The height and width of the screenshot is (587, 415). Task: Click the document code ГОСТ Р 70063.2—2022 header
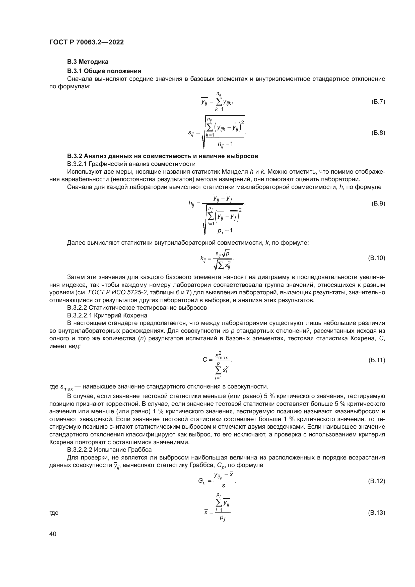coord(86,42)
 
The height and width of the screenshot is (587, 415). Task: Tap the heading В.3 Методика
coord(88,62)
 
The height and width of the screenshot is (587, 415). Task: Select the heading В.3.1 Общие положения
coord(104,71)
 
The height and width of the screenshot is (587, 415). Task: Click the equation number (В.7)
coord(378,102)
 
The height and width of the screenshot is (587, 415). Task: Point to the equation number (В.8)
coord(378,133)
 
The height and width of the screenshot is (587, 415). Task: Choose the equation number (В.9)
coord(378,204)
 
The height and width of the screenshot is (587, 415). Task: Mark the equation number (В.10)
coord(376,258)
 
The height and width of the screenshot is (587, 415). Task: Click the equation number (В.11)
coord(376,360)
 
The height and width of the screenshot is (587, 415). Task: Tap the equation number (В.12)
coord(376,481)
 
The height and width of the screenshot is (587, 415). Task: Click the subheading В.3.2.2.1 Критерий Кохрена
coord(107,315)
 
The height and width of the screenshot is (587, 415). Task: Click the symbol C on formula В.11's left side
coord(205,360)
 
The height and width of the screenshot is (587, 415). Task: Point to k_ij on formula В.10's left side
coord(203,259)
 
